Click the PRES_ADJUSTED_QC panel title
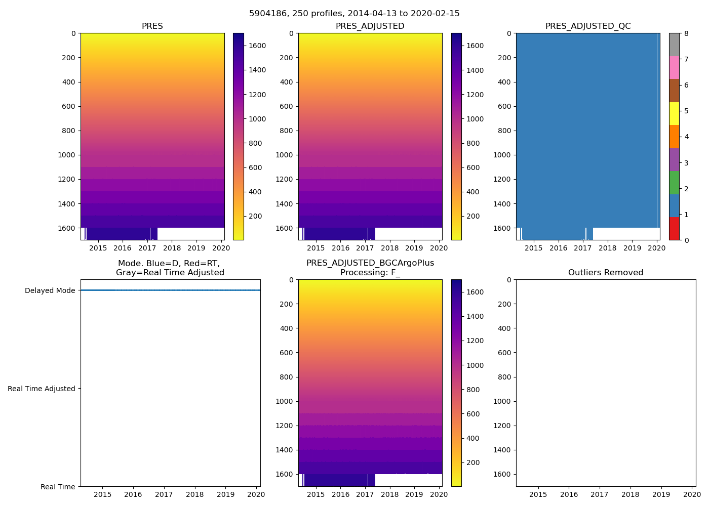click(x=587, y=26)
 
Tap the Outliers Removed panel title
click(x=606, y=273)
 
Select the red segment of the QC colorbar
click(x=674, y=229)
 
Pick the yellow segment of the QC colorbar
click(x=674, y=113)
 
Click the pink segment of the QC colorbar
click(x=674, y=67)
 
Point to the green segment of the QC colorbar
click(x=674, y=183)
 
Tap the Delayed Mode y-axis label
click(x=50, y=290)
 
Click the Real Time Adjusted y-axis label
click(x=42, y=389)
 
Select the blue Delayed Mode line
click(x=170, y=290)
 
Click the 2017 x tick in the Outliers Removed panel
click(x=600, y=494)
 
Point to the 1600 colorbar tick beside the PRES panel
click(x=257, y=46)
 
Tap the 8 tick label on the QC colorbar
click(x=686, y=33)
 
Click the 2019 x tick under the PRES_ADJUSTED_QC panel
click(x=632, y=248)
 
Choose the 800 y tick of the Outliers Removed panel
click(x=504, y=377)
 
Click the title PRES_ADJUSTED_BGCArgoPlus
click(x=370, y=263)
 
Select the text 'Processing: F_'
click(x=370, y=273)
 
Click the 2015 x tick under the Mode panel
click(x=102, y=494)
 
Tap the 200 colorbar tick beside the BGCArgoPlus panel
click(x=475, y=462)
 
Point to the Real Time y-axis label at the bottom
click(x=58, y=487)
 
